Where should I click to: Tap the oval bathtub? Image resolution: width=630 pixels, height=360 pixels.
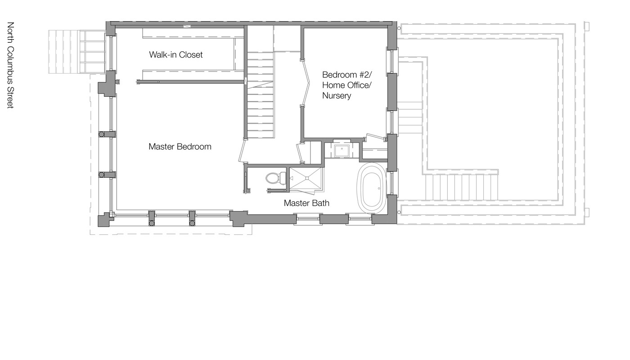tap(371, 188)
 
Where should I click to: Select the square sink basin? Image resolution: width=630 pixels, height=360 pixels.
tap(342, 150)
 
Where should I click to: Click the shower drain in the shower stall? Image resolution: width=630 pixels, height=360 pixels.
tap(307, 178)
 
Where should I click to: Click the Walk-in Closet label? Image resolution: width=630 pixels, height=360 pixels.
tap(176, 54)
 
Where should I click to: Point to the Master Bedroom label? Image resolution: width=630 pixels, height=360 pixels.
tap(180, 147)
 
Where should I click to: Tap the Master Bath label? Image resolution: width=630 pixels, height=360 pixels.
tap(306, 203)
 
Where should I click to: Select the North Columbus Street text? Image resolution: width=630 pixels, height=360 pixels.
tap(10, 65)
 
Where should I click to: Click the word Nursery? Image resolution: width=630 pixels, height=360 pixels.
tap(337, 95)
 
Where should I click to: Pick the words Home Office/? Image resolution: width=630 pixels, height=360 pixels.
tap(347, 85)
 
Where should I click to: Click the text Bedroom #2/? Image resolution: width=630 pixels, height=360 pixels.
tap(350, 74)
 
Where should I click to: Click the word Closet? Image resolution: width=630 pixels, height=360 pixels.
tap(191, 54)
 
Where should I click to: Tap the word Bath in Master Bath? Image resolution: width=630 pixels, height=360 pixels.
tap(320, 203)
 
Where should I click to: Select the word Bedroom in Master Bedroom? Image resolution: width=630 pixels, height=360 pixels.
tap(194, 147)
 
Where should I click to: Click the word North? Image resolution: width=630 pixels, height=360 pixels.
tap(10, 32)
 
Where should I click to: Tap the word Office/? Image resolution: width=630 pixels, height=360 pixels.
tap(360, 85)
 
